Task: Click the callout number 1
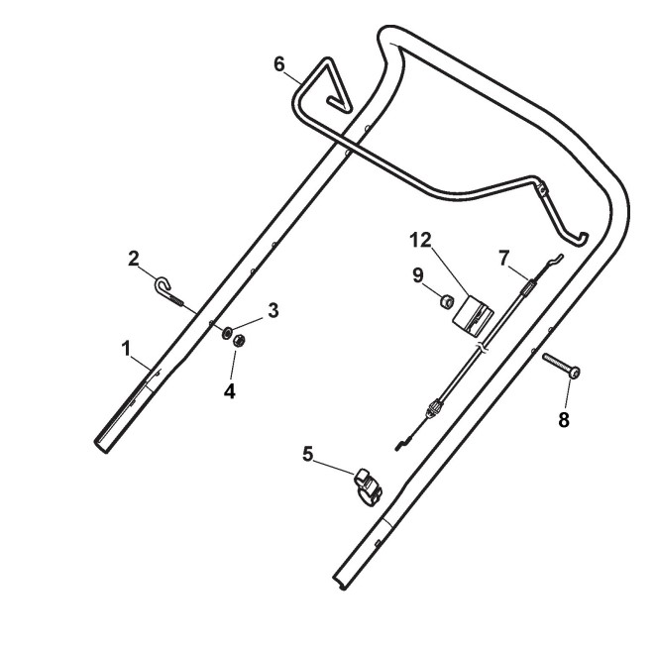pos(126,348)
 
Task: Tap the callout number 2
pos(134,260)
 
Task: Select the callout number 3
pos(273,310)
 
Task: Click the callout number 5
pos(308,454)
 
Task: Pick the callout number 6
pos(280,64)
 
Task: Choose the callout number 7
pos(503,257)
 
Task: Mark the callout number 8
pos(563,419)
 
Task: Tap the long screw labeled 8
pos(561,366)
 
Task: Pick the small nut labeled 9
pos(446,296)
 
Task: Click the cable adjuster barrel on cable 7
pos(433,408)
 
